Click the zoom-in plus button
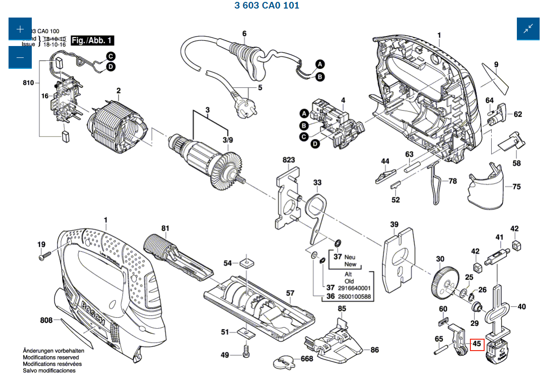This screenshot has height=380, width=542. pyautogui.click(x=20, y=29)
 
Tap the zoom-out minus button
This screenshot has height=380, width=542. pyautogui.click(x=20, y=57)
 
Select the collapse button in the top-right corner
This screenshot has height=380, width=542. pyautogui.click(x=528, y=29)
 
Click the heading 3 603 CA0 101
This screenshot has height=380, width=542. pyautogui.click(x=267, y=6)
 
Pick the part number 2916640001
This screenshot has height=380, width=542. pyautogui.click(x=355, y=288)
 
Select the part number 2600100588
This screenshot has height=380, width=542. pyautogui.click(x=355, y=297)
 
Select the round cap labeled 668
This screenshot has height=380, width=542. pyautogui.click(x=285, y=362)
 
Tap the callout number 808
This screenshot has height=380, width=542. pyautogui.click(x=46, y=320)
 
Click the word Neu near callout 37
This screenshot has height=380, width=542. pyautogui.click(x=350, y=257)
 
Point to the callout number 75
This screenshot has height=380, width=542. pyautogui.click(x=516, y=187)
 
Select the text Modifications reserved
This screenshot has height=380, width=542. pyautogui.click(x=51, y=357)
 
